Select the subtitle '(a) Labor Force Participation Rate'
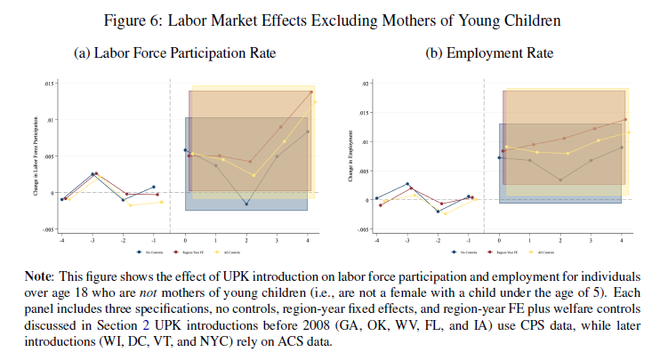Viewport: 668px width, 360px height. [173, 53]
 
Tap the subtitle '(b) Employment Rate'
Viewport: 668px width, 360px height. [490, 53]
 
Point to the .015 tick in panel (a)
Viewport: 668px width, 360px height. [50, 84]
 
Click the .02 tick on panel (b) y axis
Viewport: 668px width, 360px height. [365, 84]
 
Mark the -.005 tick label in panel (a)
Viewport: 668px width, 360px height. [49, 229]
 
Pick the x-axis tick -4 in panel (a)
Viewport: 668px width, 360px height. [61, 241]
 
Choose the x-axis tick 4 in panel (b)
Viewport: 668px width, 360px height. [622, 241]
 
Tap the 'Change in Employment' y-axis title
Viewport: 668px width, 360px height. [351, 156]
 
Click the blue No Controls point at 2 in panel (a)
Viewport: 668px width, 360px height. [246, 204]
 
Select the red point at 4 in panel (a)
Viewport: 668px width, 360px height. [311, 92]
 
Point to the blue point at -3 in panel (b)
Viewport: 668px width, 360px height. [407, 184]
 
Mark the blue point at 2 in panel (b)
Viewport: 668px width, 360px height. [560, 180]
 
